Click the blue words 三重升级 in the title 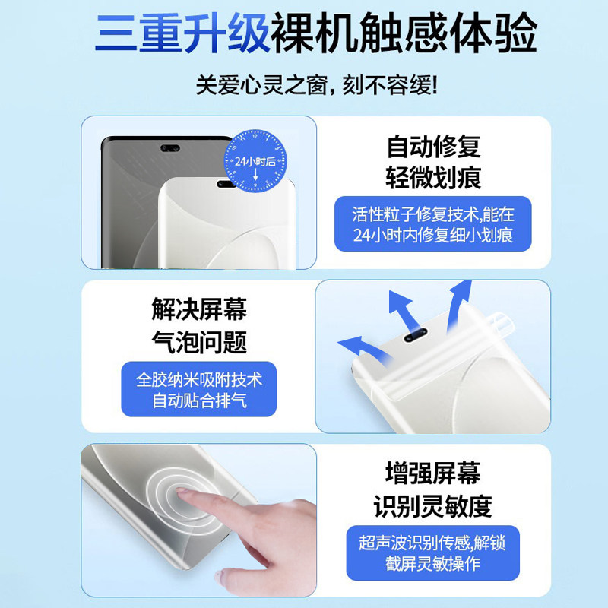(182, 33)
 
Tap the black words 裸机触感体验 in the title (404, 33)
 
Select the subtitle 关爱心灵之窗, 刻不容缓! (316, 85)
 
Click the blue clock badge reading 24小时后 (255, 161)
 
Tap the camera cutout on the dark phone (169, 148)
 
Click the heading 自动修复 (433, 146)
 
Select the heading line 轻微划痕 (433, 178)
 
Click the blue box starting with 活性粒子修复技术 (432, 223)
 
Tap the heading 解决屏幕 (199, 309)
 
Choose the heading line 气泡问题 (199, 342)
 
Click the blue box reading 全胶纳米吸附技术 (199, 389)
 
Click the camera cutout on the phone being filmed (416, 335)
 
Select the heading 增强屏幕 (432, 473)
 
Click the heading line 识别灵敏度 (432, 506)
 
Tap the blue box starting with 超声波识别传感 (432, 553)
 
